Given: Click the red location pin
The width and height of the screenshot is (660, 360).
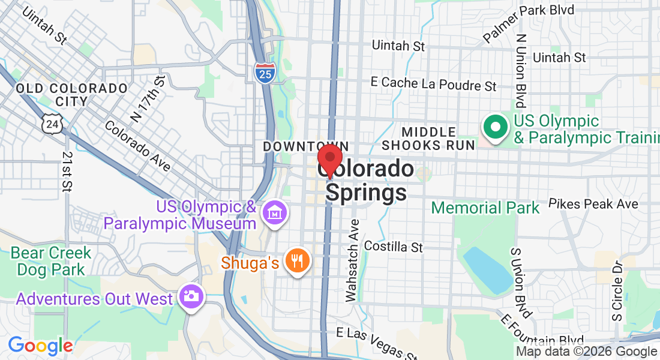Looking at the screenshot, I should coord(329,160).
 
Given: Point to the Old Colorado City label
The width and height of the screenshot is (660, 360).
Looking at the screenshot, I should coord(72,95).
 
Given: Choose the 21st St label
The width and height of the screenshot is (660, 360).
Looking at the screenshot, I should coord(66,171).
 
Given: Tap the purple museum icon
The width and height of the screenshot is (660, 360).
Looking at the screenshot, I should coord(275,213).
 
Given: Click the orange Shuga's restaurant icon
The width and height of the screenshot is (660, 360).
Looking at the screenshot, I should coord(296,261).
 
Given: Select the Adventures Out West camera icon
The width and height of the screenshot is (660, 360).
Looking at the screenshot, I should coord(192,297).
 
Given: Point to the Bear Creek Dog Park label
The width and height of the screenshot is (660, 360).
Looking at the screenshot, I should coord(52,261).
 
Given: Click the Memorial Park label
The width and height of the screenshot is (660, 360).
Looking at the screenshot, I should coord(485,208).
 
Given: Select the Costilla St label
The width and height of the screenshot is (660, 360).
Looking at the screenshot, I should coord(394,247).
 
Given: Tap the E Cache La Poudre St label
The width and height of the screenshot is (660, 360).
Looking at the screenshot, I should coord(433,84).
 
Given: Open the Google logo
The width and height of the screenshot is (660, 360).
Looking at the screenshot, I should coord(40,346).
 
